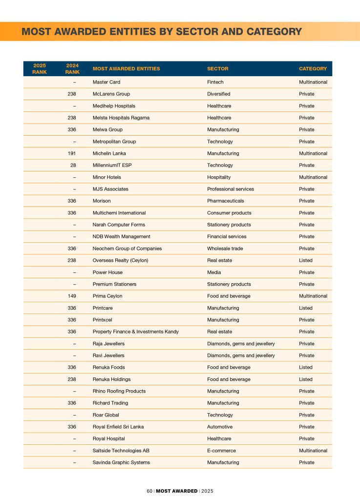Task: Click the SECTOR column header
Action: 217,69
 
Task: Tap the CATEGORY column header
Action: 313,69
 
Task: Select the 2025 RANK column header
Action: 40,69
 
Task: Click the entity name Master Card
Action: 106,82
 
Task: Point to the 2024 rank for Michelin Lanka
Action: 71,153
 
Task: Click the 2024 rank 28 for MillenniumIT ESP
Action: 73,165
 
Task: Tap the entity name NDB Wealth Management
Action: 122,236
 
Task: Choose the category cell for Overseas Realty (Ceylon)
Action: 306,260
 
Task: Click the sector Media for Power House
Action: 214,272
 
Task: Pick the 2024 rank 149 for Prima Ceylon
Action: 71,296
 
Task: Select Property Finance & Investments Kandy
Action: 136,332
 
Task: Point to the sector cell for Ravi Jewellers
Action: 241,355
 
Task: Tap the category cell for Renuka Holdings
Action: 306,379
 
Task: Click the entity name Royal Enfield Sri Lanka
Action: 118,427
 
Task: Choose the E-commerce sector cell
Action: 221,451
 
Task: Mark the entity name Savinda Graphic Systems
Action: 121,462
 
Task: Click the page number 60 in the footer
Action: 149,491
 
